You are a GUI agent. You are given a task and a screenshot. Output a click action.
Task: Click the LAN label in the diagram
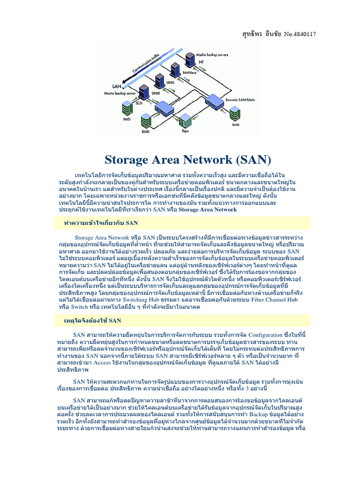[117, 86]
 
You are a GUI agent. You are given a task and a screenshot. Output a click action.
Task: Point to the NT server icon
[189, 59]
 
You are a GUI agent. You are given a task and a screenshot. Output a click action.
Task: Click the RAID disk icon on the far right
[235, 117]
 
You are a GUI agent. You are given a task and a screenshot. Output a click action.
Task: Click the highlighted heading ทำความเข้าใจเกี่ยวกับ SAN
[101, 223]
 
